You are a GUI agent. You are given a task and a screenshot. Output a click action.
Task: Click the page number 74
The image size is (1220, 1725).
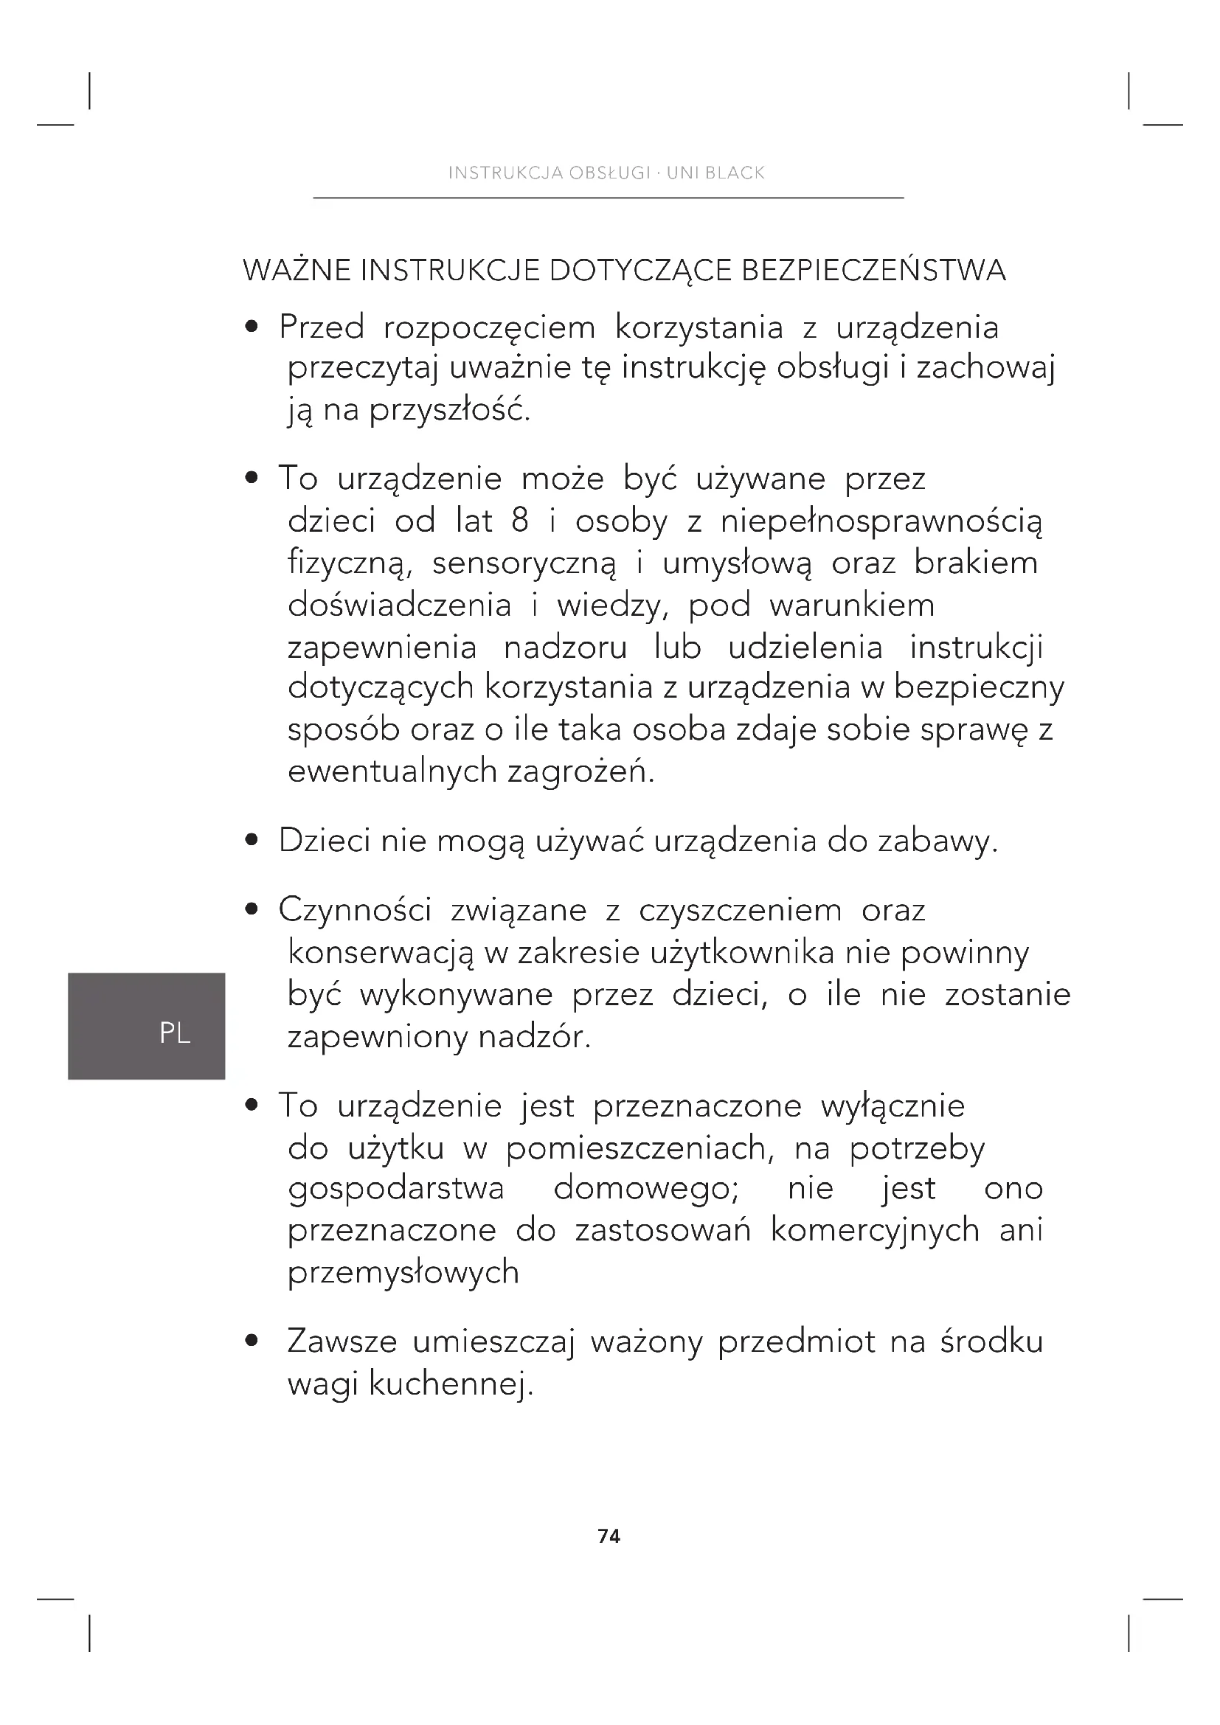coord(609,1536)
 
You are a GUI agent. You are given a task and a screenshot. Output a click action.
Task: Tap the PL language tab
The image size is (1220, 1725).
coord(174,1034)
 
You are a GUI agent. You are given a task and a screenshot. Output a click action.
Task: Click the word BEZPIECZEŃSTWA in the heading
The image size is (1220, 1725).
coord(873,271)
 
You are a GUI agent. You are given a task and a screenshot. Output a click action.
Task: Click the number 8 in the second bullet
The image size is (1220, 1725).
coord(520,521)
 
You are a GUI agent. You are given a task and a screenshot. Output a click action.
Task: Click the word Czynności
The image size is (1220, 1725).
coord(355,911)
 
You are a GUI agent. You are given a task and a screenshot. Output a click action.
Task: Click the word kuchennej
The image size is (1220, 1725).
coord(451,1384)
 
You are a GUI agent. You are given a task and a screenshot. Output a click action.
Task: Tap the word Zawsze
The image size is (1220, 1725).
coord(342,1342)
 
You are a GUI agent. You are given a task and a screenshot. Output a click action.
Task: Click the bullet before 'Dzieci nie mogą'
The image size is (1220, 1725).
coord(252,840)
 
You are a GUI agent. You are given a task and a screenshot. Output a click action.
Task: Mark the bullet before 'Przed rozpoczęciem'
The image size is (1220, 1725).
coord(252,327)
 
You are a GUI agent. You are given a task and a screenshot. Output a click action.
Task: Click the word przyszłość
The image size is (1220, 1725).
coord(449,411)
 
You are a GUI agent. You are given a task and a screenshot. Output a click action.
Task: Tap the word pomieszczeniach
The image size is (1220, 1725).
coord(640,1148)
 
